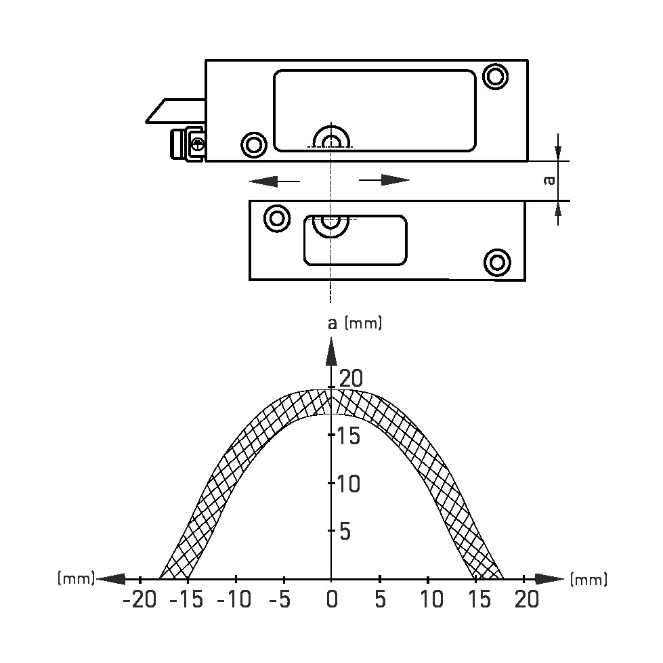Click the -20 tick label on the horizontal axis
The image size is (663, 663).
coord(140,599)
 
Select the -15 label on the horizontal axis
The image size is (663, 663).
coord(186,599)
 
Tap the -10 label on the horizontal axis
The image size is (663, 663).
coord(234,599)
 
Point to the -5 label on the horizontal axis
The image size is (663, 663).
coord(280,599)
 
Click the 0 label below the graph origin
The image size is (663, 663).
coord(333,599)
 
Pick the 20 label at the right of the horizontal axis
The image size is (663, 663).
coord(527,599)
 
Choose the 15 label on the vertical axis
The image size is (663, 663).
coord(348,435)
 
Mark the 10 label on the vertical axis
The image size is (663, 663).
coord(348,484)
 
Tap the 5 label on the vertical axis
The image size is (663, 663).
coord(345,532)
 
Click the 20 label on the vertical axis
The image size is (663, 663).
coord(351,379)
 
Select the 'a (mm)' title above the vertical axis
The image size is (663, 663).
coord(355,324)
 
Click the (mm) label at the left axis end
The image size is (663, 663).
coord(76,578)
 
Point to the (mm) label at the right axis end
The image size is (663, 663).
coord(589,579)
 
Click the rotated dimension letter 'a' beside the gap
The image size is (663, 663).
coord(549,181)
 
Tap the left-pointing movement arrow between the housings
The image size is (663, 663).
coord(274,181)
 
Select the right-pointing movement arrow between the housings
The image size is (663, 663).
coord(384,180)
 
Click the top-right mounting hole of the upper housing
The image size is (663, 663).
coord(496,77)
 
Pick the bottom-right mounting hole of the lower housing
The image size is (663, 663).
coord(497,263)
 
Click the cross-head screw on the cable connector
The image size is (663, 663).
coord(198,145)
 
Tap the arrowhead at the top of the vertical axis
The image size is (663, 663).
coord(332,351)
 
